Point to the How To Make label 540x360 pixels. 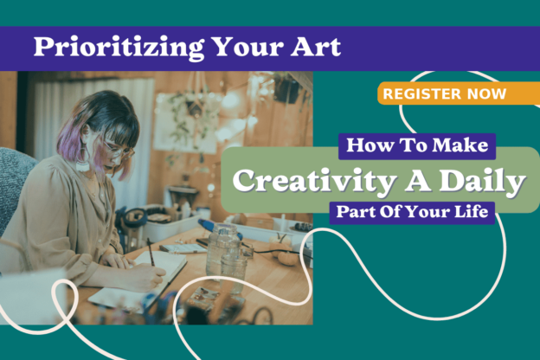[x=417, y=145]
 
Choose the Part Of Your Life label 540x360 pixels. [x=412, y=212]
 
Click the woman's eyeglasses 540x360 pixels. [x=119, y=151]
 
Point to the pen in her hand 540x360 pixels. [x=151, y=252]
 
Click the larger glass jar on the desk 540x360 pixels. [x=222, y=249]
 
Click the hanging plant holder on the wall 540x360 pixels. [x=196, y=103]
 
